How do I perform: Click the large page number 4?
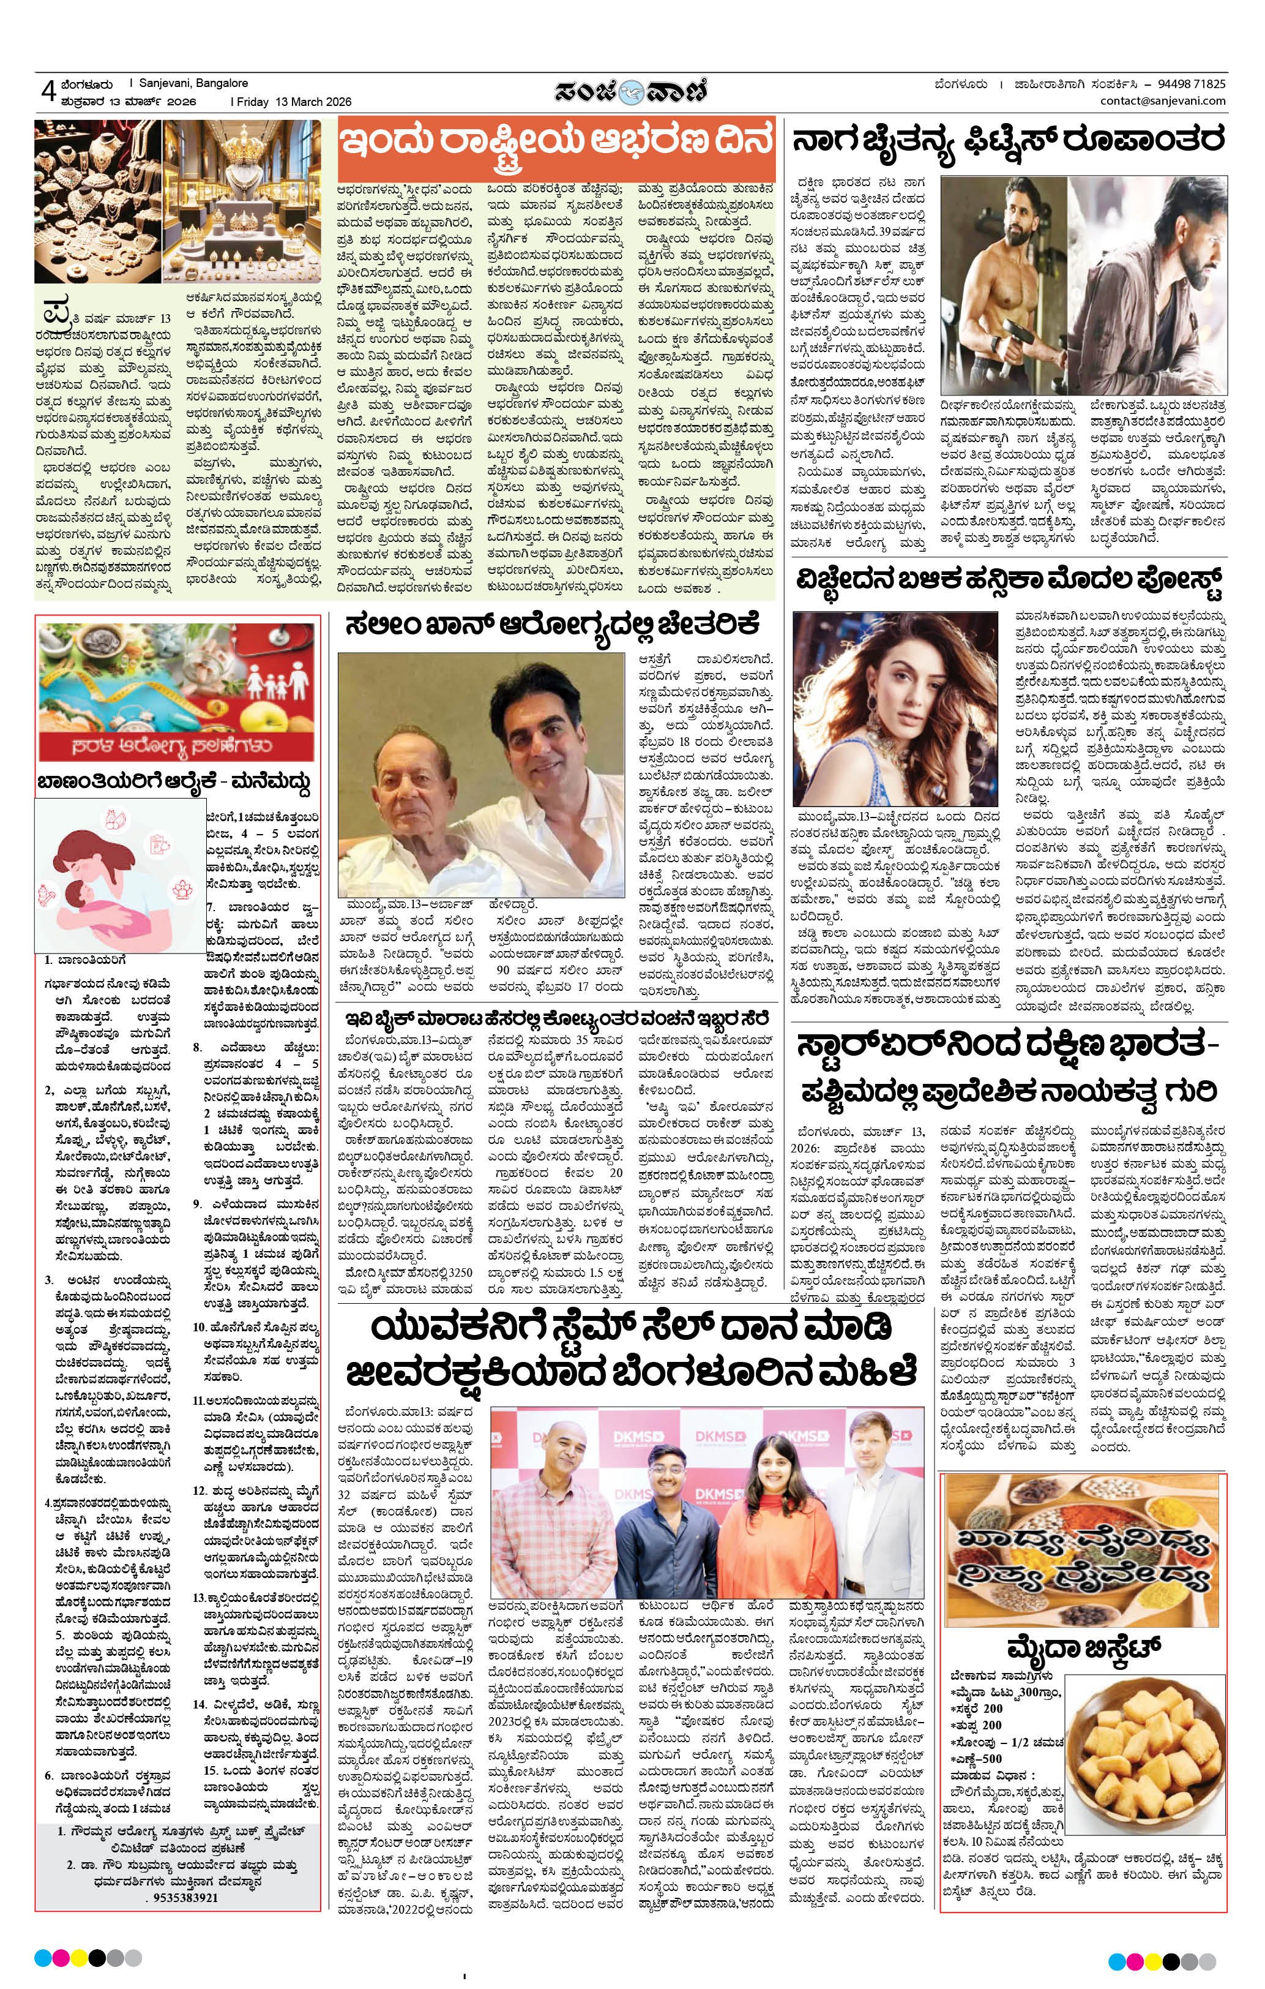click(47, 91)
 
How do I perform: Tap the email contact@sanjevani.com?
click(1163, 101)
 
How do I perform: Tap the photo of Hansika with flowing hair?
click(895, 708)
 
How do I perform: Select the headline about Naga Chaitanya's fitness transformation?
click(1008, 140)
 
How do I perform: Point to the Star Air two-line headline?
click(1008, 1069)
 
